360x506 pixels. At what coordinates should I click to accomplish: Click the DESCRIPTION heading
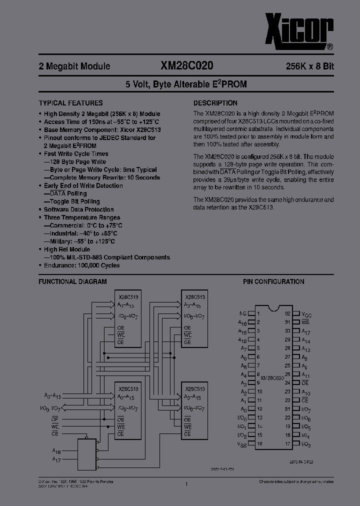pyautogui.click(x=215, y=103)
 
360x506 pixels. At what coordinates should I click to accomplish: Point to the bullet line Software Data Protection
pyautogui.click(x=78, y=209)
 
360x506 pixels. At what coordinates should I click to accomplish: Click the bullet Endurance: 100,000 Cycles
pyautogui.click(x=81, y=265)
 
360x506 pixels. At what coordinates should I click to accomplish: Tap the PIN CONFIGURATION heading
pyautogui.click(x=273, y=282)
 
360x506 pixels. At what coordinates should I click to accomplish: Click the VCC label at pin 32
pyautogui.click(x=306, y=314)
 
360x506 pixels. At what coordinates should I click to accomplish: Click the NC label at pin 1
pyautogui.click(x=242, y=314)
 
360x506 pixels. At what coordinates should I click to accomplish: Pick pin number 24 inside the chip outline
pyautogui.click(x=287, y=382)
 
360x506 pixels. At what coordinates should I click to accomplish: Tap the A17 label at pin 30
pyautogui.click(x=306, y=331)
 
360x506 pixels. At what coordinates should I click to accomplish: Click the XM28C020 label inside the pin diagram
pyautogui.click(x=272, y=378)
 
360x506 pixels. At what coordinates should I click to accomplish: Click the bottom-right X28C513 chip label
pyautogui.click(x=195, y=388)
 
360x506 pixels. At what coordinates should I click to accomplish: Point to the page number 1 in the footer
pyautogui.click(x=186, y=483)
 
